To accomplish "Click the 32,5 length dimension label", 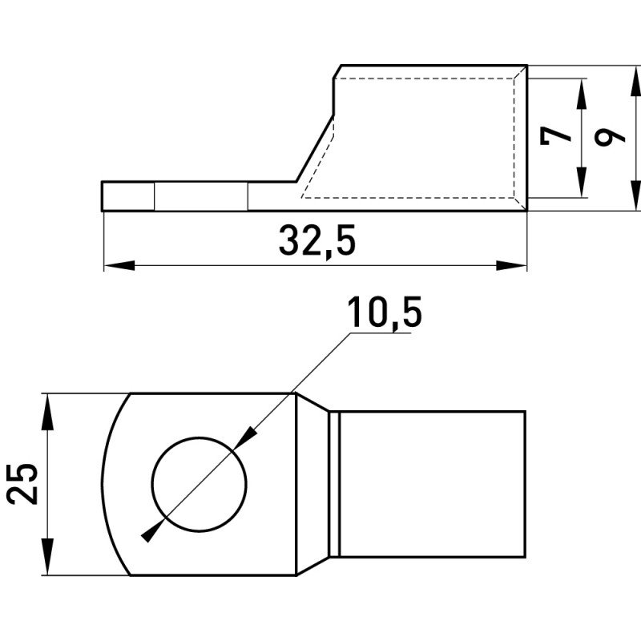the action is [317, 241].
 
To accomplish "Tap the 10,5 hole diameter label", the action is [385, 312].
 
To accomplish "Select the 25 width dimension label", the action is [22, 484].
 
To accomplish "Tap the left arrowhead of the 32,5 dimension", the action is [119, 265].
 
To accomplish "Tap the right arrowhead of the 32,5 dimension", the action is [511, 265].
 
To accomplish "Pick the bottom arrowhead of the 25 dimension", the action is [48, 557].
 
